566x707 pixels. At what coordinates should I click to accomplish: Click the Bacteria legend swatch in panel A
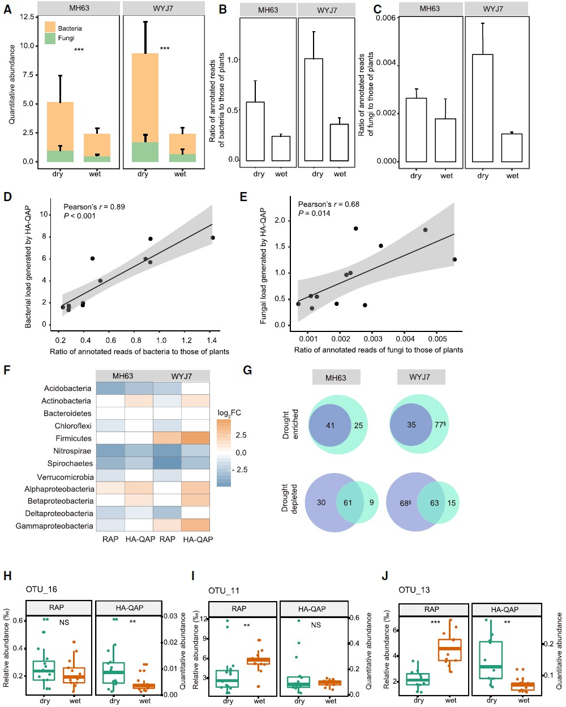pos(50,27)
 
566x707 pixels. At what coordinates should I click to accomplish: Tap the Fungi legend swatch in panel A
pos(50,39)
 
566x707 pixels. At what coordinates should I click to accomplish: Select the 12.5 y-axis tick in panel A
pos(27,16)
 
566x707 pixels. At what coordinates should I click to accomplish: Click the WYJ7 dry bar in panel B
pos(314,110)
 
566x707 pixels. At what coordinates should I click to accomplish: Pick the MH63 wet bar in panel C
pos(445,140)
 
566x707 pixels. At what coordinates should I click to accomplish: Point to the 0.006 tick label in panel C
pos(385,18)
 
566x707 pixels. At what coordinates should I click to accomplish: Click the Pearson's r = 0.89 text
pos(94,207)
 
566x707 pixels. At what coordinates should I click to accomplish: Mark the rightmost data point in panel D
pos(213,237)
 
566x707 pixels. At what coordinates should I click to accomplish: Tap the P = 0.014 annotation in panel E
pos(314,213)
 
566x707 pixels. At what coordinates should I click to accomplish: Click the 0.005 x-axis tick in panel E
pos(438,339)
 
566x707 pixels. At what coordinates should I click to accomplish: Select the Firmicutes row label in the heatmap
pos(74,438)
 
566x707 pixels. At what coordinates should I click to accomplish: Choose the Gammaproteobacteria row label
pos(54,526)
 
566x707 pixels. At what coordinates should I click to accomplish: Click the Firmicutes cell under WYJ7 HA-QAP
pos(195,438)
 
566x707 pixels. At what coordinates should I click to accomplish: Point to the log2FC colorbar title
pos(229,413)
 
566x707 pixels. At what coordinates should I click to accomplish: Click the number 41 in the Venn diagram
pos(330,425)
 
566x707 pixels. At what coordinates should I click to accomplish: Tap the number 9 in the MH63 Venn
pos(371,502)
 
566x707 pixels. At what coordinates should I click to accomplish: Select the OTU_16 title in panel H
pos(41,589)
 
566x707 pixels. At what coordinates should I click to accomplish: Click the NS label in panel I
pos(315,624)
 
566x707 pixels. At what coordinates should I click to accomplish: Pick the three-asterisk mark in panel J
pos(435,622)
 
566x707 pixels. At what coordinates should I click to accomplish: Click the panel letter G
pos(247,370)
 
